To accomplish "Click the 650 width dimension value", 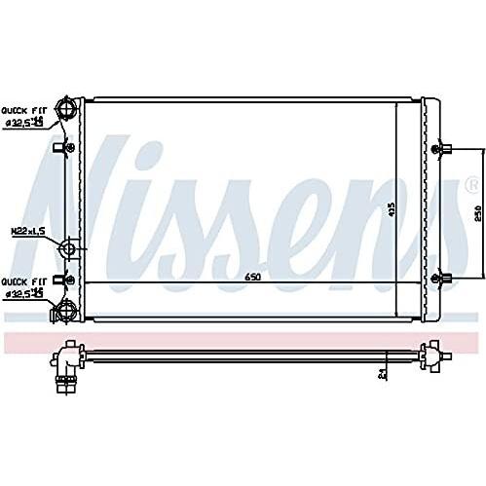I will pyautogui.click(x=251, y=278).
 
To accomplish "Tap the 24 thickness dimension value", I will pyautogui.click(x=383, y=371).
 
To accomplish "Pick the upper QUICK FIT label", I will pyautogui.click(x=20, y=109).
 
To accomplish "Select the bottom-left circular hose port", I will pyautogui.click(x=67, y=311).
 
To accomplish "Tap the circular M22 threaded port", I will pyautogui.click(x=68, y=249).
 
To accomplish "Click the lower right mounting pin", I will pyautogui.click(x=444, y=279).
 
